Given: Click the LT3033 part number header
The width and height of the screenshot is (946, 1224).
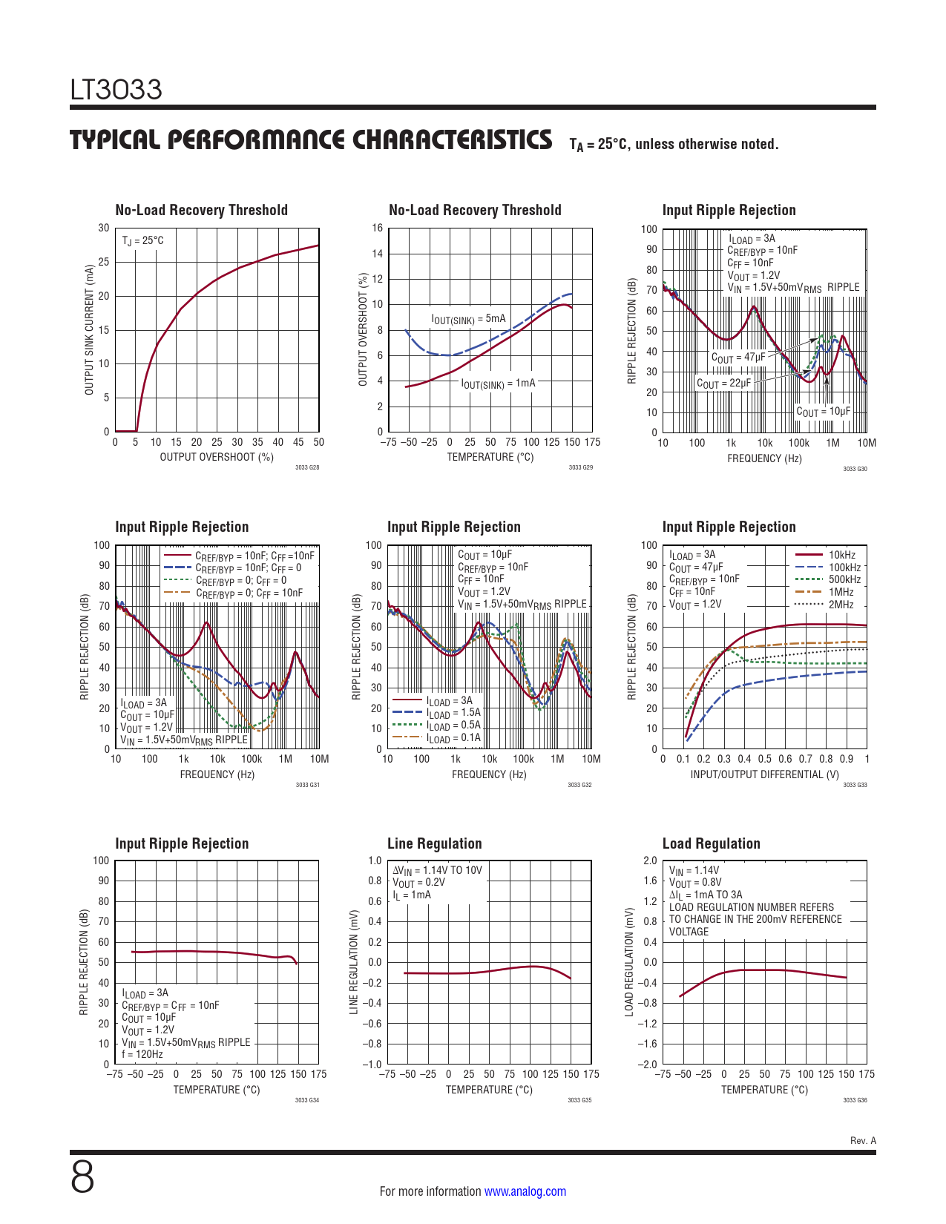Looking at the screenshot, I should (x=116, y=90).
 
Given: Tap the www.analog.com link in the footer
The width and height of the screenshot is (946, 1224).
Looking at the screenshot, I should (x=525, y=1191).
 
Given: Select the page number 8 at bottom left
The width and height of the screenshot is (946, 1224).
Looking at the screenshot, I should (x=82, y=1177).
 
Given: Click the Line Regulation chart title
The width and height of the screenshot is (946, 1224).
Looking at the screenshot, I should (x=434, y=843).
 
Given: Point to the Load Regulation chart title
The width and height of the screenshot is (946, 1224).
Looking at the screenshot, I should (x=711, y=843).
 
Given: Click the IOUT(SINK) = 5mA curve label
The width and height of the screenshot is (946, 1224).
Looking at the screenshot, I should (x=468, y=319).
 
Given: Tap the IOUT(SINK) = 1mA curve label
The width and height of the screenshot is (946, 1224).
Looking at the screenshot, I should (x=498, y=384).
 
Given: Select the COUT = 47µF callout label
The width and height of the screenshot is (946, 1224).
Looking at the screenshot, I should (x=738, y=358).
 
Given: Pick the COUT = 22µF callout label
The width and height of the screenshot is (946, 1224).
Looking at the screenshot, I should (x=723, y=384).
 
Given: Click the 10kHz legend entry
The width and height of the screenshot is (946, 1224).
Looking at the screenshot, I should (x=841, y=555).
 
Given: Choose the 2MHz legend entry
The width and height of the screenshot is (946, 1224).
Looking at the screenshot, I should (x=841, y=605).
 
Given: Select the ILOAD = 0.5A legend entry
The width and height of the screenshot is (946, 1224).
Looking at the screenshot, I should (x=453, y=725).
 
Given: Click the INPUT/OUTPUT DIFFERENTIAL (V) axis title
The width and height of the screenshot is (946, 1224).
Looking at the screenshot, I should (x=764, y=774).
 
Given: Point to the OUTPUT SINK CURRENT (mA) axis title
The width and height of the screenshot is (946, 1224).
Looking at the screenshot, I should (x=90, y=329).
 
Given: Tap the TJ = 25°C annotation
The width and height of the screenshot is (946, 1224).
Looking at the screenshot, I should (x=142, y=241).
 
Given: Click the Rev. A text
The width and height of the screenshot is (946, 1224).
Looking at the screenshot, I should (x=863, y=1141).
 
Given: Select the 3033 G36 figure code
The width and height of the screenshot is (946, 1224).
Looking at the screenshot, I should (x=855, y=1100).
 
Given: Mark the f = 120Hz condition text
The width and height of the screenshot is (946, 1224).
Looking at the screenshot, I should (x=142, y=1054).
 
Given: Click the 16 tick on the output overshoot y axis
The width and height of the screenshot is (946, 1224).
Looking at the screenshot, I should (x=378, y=228).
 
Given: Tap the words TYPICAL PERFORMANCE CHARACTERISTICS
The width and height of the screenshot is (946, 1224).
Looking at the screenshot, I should (x=311, y=140).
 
